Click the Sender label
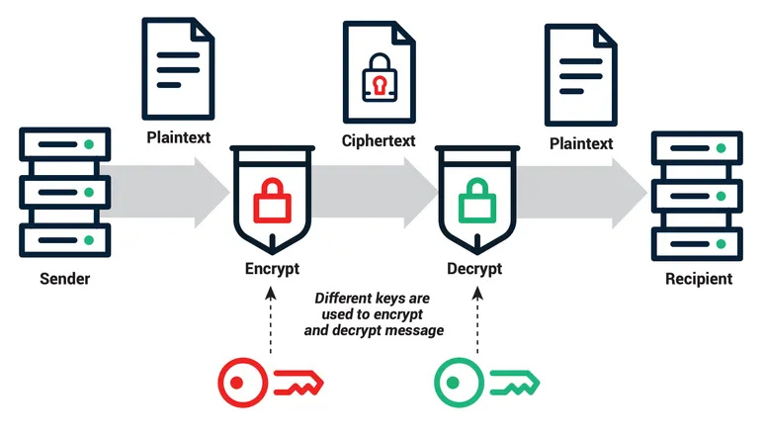point(64,279)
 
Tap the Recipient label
point(699,278)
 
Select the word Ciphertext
point(378,140)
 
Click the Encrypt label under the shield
point(272,269)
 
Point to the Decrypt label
point(474,269)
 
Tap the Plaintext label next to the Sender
point(178,136)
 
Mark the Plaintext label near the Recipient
point(580,143)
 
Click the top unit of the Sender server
point(65,144)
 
